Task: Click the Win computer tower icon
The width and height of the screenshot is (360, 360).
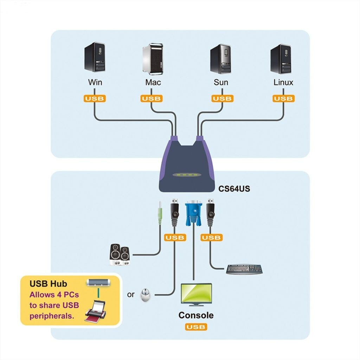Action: pyautogui.click(x=95, y=57)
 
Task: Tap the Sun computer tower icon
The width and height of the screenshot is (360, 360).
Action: pyautogui.click(x=220, y=59)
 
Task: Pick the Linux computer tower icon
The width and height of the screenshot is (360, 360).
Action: pyautogui.click(x=281, y=59)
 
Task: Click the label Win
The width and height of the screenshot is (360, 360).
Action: pyautogui.click(x=95, y=82)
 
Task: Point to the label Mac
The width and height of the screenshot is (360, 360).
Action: pyautogui.click(x=153, y=82)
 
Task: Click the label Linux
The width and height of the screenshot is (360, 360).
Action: pyautogui.click(x=283, y=82)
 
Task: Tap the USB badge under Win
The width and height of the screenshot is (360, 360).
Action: pyautogui.click(x=94, y=98)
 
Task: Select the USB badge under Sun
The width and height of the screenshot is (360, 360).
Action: pyautogui.click(x=222, y=98)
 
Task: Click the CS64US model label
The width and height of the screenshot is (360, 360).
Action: pyautogui.click(x=234, y=189)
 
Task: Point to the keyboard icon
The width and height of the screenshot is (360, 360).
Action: pyautogui.click(x=244, y=269)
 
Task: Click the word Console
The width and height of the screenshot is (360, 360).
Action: pyautogui.click(x=196, y=315)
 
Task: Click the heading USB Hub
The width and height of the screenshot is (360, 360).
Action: pyautogui.click(x=48, y=284)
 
